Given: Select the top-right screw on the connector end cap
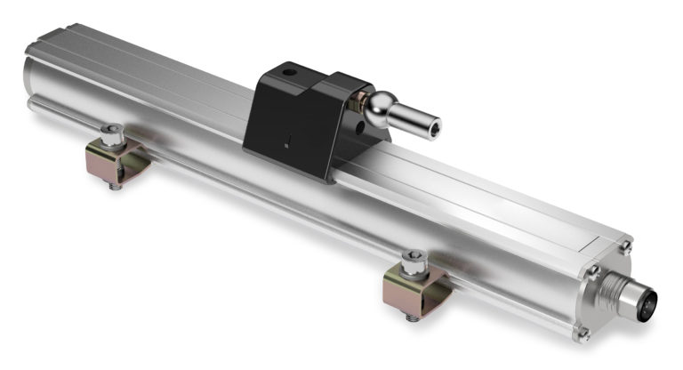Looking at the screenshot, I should (x=627, y=248).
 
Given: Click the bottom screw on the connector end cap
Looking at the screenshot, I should (x=583, y=334).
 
